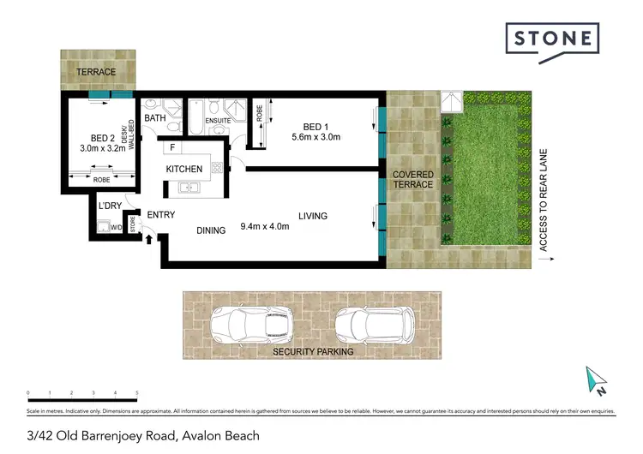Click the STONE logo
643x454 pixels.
[551, 39]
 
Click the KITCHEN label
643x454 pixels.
[184, 169]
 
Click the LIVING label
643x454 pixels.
[313, 216]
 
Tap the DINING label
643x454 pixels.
[210, 230]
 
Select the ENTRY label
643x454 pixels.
[161, 214]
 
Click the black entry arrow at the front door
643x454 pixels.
[151, 238]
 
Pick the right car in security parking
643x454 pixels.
[375, 324]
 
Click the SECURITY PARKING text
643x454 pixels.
[313, 351]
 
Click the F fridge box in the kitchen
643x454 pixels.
[171, 148]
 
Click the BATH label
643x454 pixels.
[155, 118]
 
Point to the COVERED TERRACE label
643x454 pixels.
[412, 180]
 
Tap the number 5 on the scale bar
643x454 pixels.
[137, 394]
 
